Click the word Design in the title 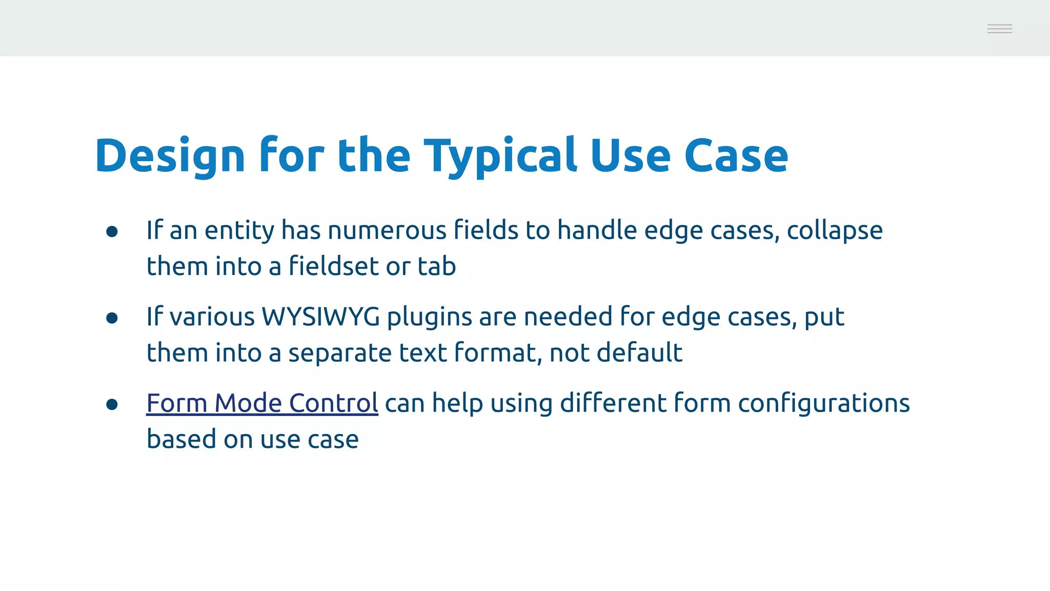point(170,156)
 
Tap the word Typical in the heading point(500,156)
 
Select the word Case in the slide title point(736,156)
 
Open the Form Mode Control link point(262,403)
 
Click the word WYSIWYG point(321,317)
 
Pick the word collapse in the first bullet point(835,230)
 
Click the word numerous point(387,230)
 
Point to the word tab point(437,266)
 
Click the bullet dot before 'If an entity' point(112,231)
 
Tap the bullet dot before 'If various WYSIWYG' point(112,318)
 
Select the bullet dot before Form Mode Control point(112,405)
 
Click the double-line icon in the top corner point(999,29)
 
